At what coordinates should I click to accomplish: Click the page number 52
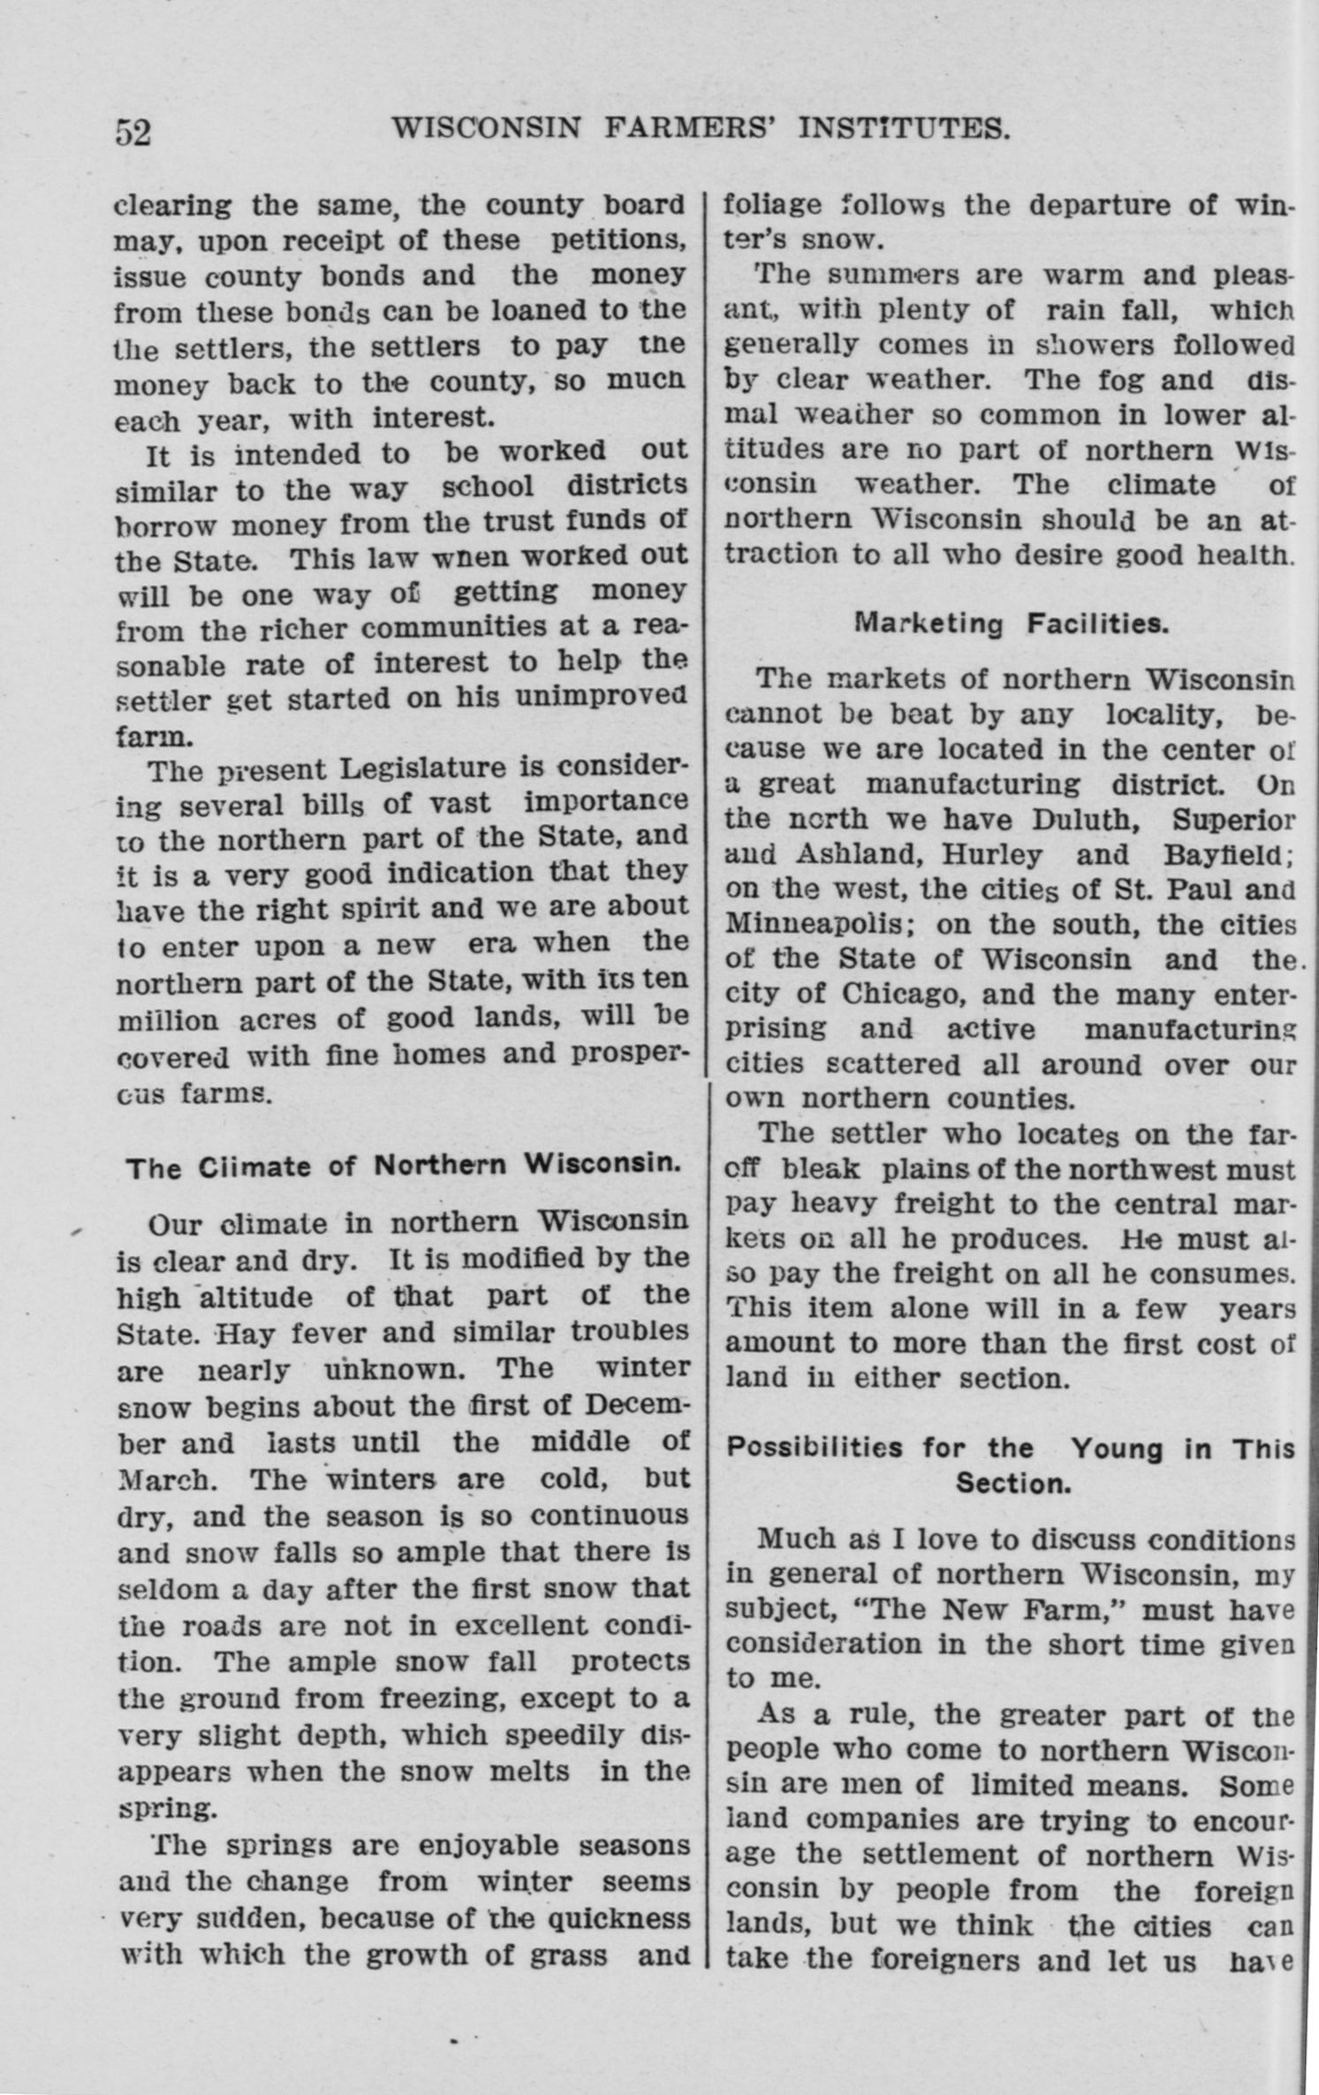pos(133,132)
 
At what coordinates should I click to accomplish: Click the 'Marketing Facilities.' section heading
pos(1012,624)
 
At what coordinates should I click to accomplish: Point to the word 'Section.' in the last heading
pos(1012,1483)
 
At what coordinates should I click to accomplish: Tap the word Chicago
pos(898,994)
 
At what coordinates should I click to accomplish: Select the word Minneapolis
pos(800,924)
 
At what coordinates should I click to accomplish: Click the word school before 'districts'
pos(487,486)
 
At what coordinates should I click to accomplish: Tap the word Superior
pos(1233,819)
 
